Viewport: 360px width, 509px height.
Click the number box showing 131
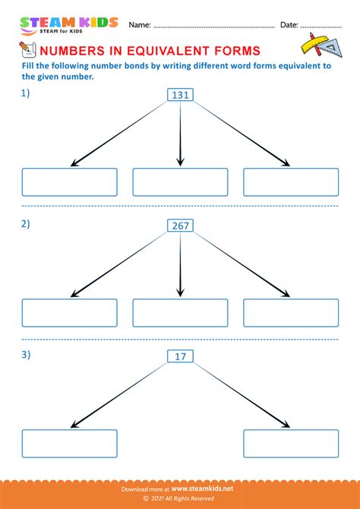coord(180,95)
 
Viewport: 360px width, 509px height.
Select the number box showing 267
coord(180,226)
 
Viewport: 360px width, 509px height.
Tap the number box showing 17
coord(180,356)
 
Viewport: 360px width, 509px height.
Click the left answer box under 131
coord(70,182)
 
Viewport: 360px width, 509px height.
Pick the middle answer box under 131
coord(180,182)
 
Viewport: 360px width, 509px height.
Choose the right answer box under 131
coord(291,182)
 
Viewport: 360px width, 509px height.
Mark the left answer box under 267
coord(70,313)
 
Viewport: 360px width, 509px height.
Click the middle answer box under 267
coord(180,313)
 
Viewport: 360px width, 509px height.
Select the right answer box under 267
coord(291,313)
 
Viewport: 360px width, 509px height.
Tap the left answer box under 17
coord(70,443)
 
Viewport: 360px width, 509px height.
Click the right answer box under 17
coord(291,443)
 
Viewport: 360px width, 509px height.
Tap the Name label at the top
coord(140,25)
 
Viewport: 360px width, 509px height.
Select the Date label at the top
coord(289,25)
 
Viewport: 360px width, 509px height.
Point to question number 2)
coord(27,224)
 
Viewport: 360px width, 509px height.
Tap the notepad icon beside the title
coord(27,50)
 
